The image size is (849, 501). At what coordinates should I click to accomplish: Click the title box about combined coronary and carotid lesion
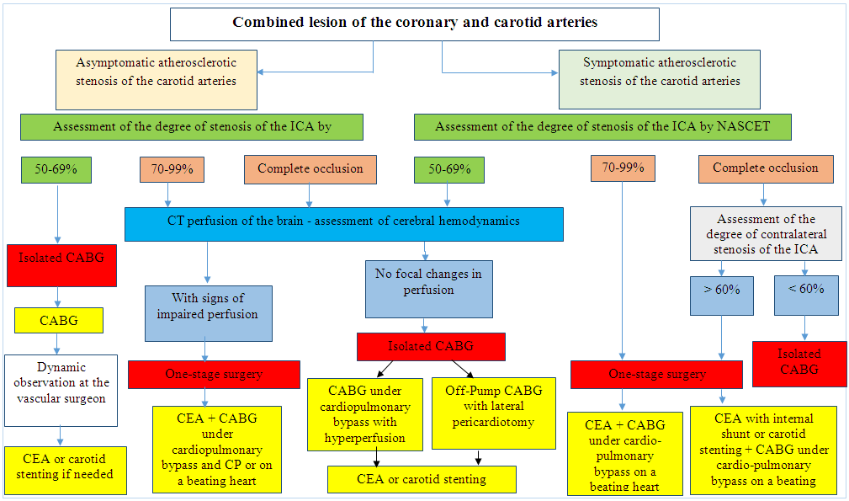tap(414, 24)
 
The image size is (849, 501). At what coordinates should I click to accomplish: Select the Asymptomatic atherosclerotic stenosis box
tap(157, 79)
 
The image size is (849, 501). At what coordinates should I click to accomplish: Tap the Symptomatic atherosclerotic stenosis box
tap(660, 78)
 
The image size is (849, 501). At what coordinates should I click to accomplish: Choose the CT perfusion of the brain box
tap(343, 222)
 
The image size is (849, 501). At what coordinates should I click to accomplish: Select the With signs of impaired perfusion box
tap(208, 312)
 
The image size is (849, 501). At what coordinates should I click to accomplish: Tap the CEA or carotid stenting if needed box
tap(64, 468)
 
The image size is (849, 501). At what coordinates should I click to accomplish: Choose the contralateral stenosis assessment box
tap(765, 233)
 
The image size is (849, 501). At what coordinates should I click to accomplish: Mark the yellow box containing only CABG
tap(58, 320)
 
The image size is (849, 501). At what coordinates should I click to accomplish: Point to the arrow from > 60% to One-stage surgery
tap(723, 337)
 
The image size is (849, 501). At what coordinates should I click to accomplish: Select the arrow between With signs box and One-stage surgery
tap(208, 351)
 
